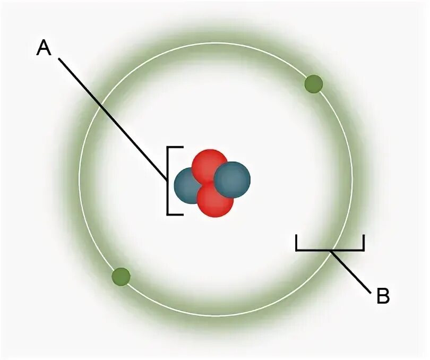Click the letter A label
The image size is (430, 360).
click(x=44, y=48)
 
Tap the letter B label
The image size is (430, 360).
click(x=383, y=296)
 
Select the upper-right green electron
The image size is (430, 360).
click(x=314, y=84)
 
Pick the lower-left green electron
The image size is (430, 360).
click(x=121, y=277)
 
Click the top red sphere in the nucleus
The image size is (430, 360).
click(x=208, y=165)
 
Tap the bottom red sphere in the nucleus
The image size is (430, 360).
click(x=215, y=200)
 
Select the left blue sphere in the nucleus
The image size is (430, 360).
click(x=188, y=186)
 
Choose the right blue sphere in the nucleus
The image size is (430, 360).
click(x=232, y=179)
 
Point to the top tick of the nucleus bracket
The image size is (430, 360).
click(x=176, y=147)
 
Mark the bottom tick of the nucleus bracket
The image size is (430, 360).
click(x=176, y=215)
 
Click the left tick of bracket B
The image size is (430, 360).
click(x=297, y=243)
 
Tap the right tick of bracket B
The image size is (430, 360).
click(x=364, y=243)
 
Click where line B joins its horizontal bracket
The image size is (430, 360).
click(x=330, y=250)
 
